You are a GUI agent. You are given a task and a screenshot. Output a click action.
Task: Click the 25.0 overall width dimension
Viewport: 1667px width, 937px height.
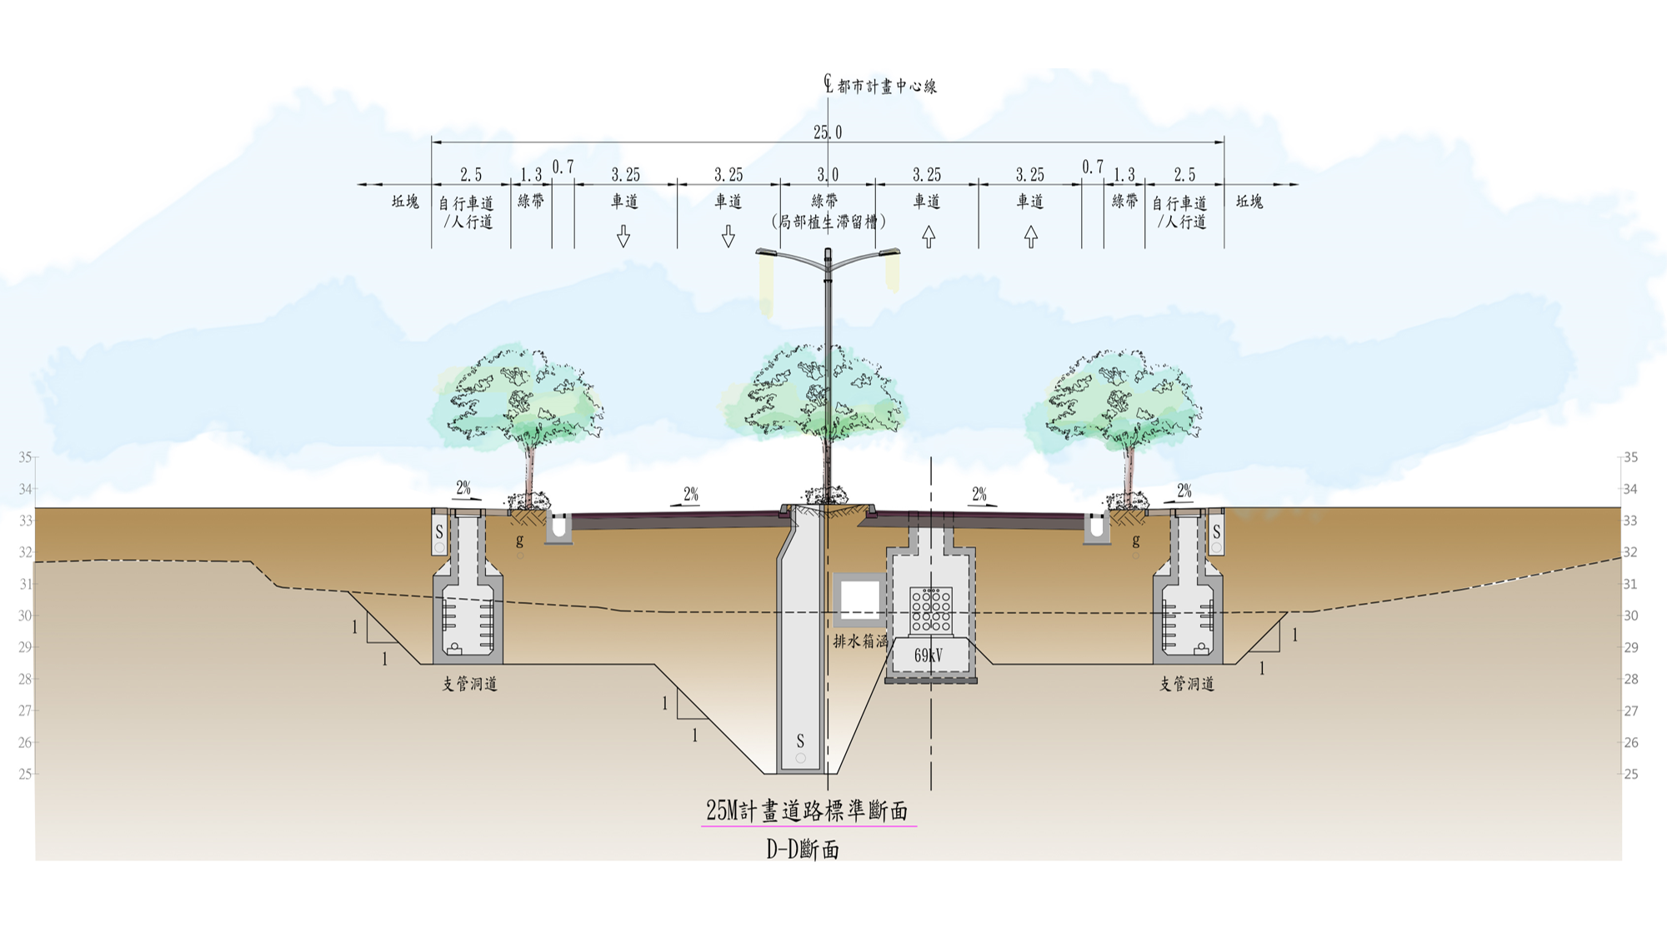pos(828,132)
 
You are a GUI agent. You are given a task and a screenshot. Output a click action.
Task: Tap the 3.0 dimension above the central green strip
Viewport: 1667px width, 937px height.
pos(828,175)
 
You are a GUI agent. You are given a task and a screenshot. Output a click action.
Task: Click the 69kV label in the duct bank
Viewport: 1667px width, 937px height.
pos(928,656)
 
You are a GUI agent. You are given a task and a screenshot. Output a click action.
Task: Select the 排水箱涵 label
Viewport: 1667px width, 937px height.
pos(860,642)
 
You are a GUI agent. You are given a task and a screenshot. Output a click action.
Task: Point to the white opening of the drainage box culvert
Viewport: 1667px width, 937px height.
pos(859,597)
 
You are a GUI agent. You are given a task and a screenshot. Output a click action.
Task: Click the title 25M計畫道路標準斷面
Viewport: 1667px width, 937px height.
pos(807,810)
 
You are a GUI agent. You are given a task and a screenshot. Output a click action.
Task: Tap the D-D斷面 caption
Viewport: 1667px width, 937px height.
pos(803,850)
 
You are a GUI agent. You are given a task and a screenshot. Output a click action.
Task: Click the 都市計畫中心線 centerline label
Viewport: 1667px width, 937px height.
pos(887,87)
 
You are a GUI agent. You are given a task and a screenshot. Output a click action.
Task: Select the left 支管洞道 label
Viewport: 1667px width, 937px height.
pos(469,685)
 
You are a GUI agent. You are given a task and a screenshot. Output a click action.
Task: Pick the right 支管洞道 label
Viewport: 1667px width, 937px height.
pos(1187,685)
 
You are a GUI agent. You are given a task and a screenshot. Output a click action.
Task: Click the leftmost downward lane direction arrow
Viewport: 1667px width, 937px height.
pos(623,237)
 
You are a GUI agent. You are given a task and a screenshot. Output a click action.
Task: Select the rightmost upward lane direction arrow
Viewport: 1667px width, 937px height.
pos(1031,237)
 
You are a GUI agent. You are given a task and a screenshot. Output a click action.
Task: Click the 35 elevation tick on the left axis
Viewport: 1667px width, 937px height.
pos(25,457)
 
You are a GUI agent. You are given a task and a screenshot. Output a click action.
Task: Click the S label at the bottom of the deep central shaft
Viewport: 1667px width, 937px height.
pos(800,740)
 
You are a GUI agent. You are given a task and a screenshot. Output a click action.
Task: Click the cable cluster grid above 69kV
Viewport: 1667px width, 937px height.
pos(931,610)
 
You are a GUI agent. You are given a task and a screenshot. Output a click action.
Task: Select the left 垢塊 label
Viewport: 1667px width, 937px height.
pos(405,202)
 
